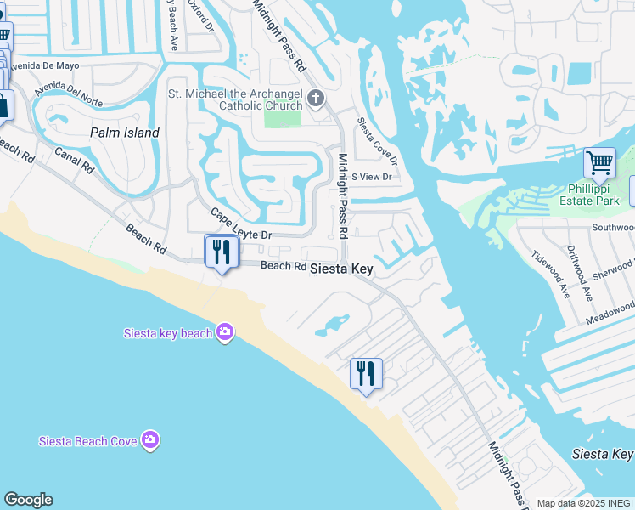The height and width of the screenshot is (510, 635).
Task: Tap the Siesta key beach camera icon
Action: (224, 332)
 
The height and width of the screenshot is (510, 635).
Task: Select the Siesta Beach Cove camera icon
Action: (150, 439)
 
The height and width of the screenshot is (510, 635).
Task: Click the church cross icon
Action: (316, 99)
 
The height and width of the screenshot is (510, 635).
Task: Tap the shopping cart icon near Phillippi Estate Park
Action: (599, 161)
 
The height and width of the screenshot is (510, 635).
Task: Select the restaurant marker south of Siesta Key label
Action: (366, 373)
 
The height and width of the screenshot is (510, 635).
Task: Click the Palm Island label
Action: (125, 133)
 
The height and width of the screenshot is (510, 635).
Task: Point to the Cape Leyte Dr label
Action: (240, 224)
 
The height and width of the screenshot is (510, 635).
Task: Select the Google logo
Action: (28, 500)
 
